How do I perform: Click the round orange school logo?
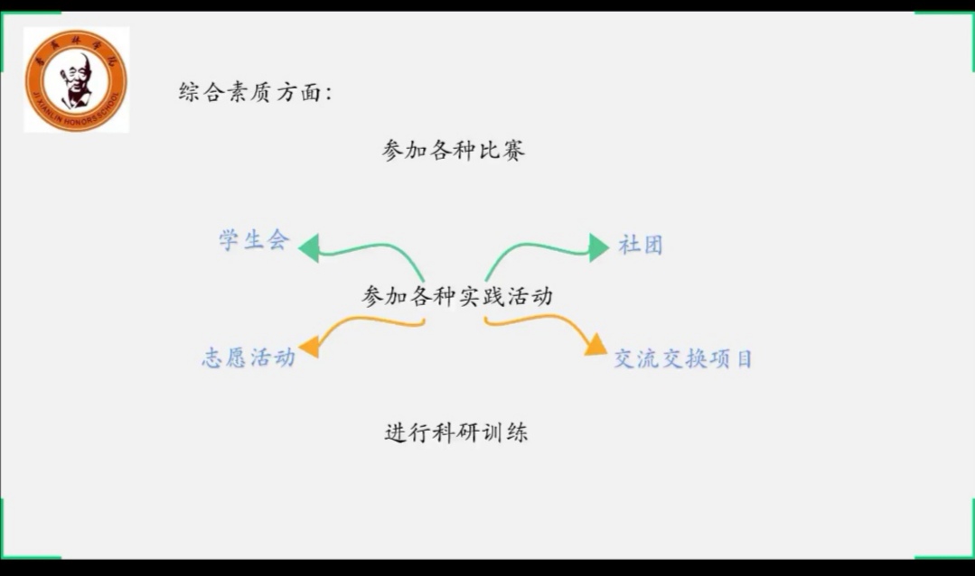76,80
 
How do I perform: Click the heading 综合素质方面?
256,92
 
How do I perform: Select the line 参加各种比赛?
454,151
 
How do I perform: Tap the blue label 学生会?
254,240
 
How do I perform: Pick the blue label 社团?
641,245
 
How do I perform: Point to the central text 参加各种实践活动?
457,296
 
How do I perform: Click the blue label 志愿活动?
248,358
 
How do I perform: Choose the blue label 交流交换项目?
683,358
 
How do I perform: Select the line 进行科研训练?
456,433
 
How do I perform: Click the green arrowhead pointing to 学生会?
310,247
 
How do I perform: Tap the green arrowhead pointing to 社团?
598,246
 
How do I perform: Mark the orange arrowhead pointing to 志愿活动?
309,346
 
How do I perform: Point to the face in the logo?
75,73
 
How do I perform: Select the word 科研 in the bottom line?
456,433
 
